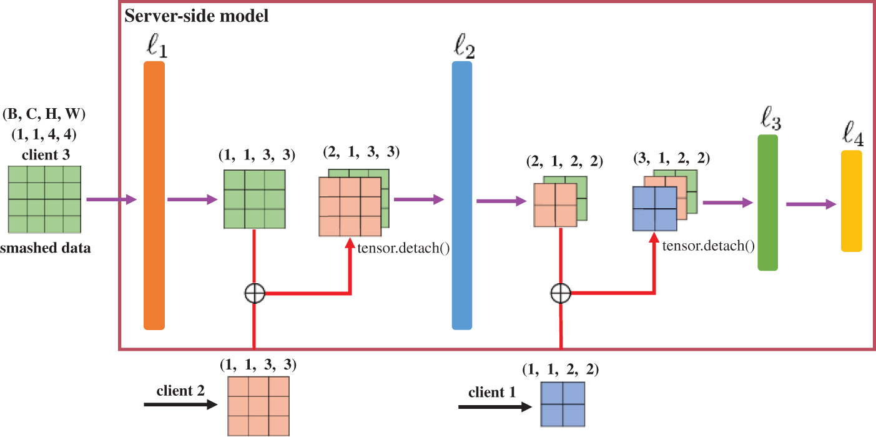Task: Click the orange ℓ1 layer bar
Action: click(154, 196)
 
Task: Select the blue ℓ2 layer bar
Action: click(462, 196)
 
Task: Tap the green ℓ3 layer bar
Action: click(768, 203)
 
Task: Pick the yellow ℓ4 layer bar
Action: click(852, 201)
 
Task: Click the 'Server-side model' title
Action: click(196, 16)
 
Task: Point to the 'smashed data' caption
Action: click(46, 248)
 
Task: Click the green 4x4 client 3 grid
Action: click(44, 199)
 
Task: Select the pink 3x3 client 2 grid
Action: click(258, 406)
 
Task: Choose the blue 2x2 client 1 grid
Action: click(563, 404)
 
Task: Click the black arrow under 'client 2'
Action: click(180, 404)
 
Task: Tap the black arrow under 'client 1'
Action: click(495, 407)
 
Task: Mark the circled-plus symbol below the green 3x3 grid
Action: click(255, 293)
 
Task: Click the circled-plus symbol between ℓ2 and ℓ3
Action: click(561, 293)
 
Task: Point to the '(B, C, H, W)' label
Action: click(44, 114)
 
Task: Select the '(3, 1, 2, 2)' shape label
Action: click(671, 158)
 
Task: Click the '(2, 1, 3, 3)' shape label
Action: click(362, 152)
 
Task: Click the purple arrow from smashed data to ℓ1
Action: click(112, 199)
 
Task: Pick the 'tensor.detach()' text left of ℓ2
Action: click(403, 248)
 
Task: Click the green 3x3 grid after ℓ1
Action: click(255, 199)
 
